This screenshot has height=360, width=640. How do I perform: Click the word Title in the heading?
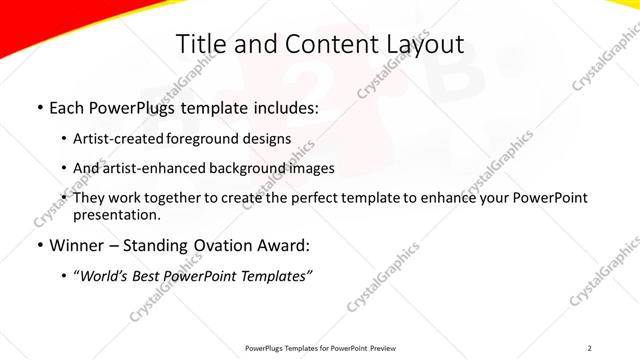tap(200, 44)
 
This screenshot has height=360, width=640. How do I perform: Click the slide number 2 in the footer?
tap(590, 348)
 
